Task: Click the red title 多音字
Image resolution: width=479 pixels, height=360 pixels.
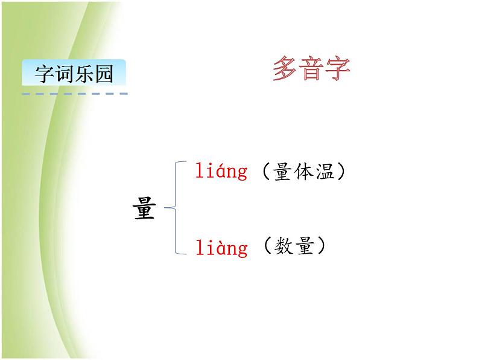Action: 311,69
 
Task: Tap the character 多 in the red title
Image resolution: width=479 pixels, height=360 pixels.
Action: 285,69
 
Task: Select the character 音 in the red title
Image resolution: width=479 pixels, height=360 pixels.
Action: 311,69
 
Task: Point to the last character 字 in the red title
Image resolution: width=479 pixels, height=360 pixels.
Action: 338,69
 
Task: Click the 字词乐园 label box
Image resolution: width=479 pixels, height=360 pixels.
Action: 74,74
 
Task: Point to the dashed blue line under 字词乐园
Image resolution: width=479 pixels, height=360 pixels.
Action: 74,94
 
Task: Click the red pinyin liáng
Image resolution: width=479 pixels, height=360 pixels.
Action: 221,172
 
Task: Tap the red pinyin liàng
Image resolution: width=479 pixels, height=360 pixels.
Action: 221,248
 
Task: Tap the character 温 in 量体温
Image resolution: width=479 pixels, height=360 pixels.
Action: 324,172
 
